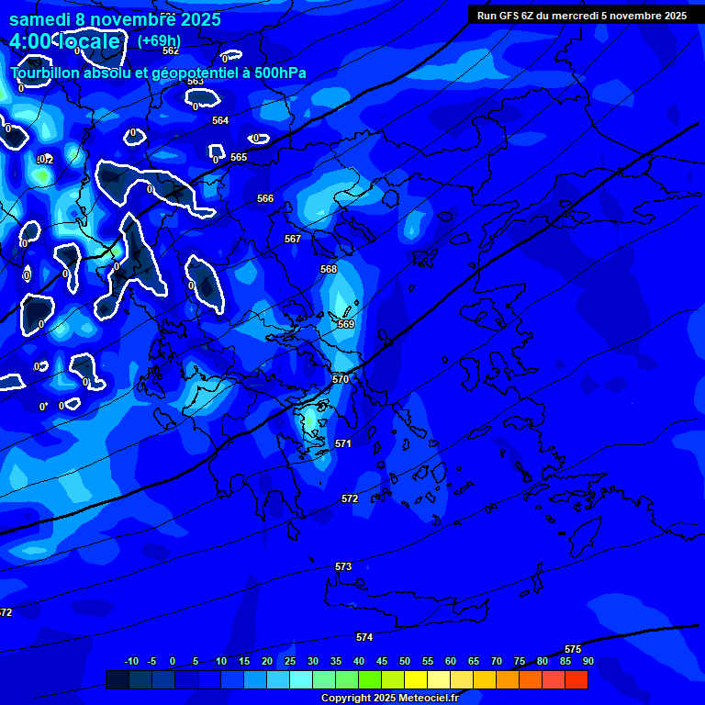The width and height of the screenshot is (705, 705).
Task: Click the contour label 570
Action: tap(341, 379)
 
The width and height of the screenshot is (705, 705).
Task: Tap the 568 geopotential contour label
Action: tap(329, 269)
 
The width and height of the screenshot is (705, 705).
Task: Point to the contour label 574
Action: tap(364, 637)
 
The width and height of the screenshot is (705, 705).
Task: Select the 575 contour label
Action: tap(573, 649)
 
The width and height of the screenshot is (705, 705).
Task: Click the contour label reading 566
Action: tap(265, 198)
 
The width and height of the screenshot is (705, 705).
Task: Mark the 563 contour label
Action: tap(196, 81)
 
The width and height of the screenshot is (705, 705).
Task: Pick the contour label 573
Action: tap(343, 566)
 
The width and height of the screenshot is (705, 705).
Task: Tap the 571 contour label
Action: tap(343, 443)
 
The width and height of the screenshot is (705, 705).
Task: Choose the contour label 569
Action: tap(346, 324)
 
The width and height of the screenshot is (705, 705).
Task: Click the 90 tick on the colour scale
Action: tap(587, 661)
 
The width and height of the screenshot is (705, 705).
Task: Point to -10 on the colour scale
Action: tap(130, 661)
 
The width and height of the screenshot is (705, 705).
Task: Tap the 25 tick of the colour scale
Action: tap(289, 661)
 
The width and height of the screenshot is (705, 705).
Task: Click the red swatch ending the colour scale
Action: tap(576, 679)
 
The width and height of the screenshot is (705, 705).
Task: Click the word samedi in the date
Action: tap(42, 18)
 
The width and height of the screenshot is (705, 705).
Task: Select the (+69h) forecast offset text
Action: tap(159, 40)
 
